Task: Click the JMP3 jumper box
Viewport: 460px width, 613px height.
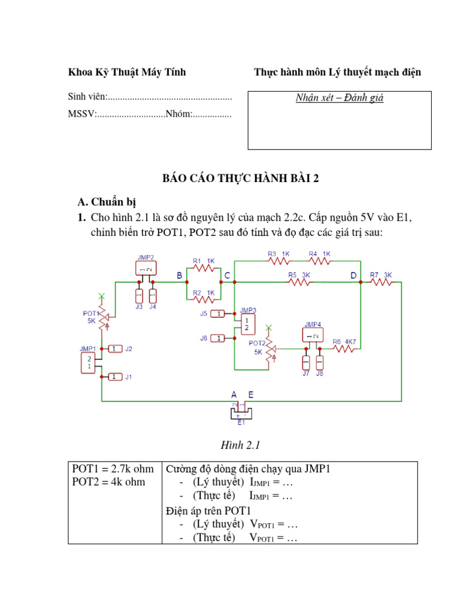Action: (x=246, y=324)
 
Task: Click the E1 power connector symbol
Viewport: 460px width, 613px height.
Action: (x=241, y=413)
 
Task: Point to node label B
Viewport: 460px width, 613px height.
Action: (x=179, y=275)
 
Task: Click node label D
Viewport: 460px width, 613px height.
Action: (x=353, y=275)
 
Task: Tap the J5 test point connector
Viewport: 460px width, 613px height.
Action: (x=219, y=313)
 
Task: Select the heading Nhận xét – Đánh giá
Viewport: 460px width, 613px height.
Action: (x=340, y=98)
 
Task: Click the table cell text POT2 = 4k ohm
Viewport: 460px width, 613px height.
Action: (x=108, y=482)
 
